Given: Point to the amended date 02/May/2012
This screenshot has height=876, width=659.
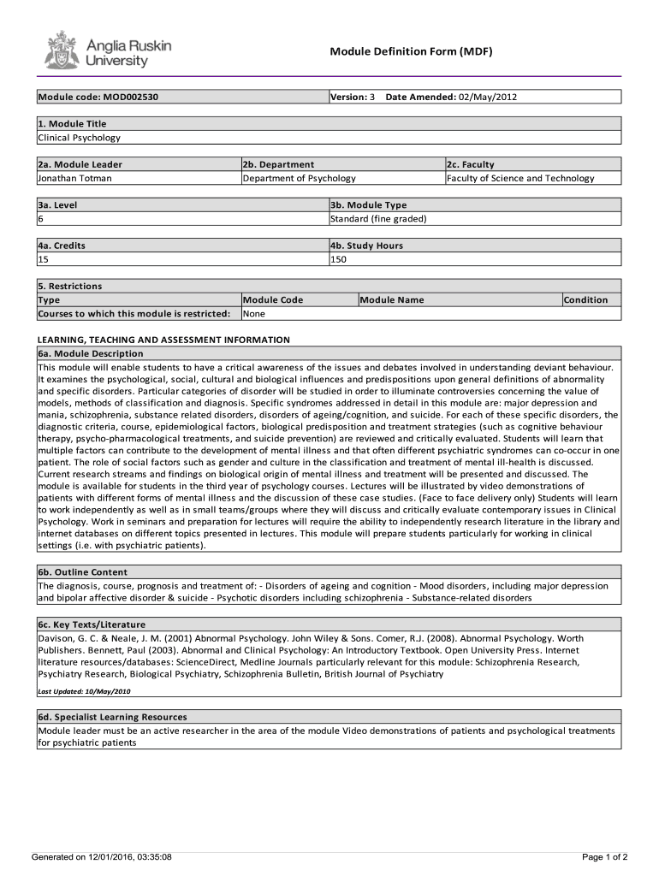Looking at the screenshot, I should [488, 97].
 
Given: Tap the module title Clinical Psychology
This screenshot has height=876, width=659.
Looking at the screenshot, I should [79, 137].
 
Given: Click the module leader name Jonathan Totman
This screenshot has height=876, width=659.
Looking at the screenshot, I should [74, 178].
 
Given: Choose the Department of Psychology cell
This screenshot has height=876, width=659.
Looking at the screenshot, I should [299, 178].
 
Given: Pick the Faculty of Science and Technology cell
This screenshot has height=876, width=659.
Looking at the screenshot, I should [519, 178].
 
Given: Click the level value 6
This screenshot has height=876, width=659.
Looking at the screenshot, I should [40, 218].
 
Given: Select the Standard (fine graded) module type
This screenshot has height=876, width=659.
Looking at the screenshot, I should [378, 218].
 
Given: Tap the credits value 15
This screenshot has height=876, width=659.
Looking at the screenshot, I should [43, 259].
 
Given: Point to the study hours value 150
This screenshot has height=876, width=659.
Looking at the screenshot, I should [338, 259].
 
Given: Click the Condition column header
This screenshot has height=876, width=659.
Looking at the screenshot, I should [586, 299].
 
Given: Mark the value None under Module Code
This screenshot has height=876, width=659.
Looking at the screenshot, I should [254, 313].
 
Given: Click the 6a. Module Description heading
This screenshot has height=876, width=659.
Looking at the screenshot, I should [91, 353].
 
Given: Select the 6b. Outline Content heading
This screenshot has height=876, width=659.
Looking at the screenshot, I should [82, 571].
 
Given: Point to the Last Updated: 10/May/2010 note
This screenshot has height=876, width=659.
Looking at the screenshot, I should [84, 690].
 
